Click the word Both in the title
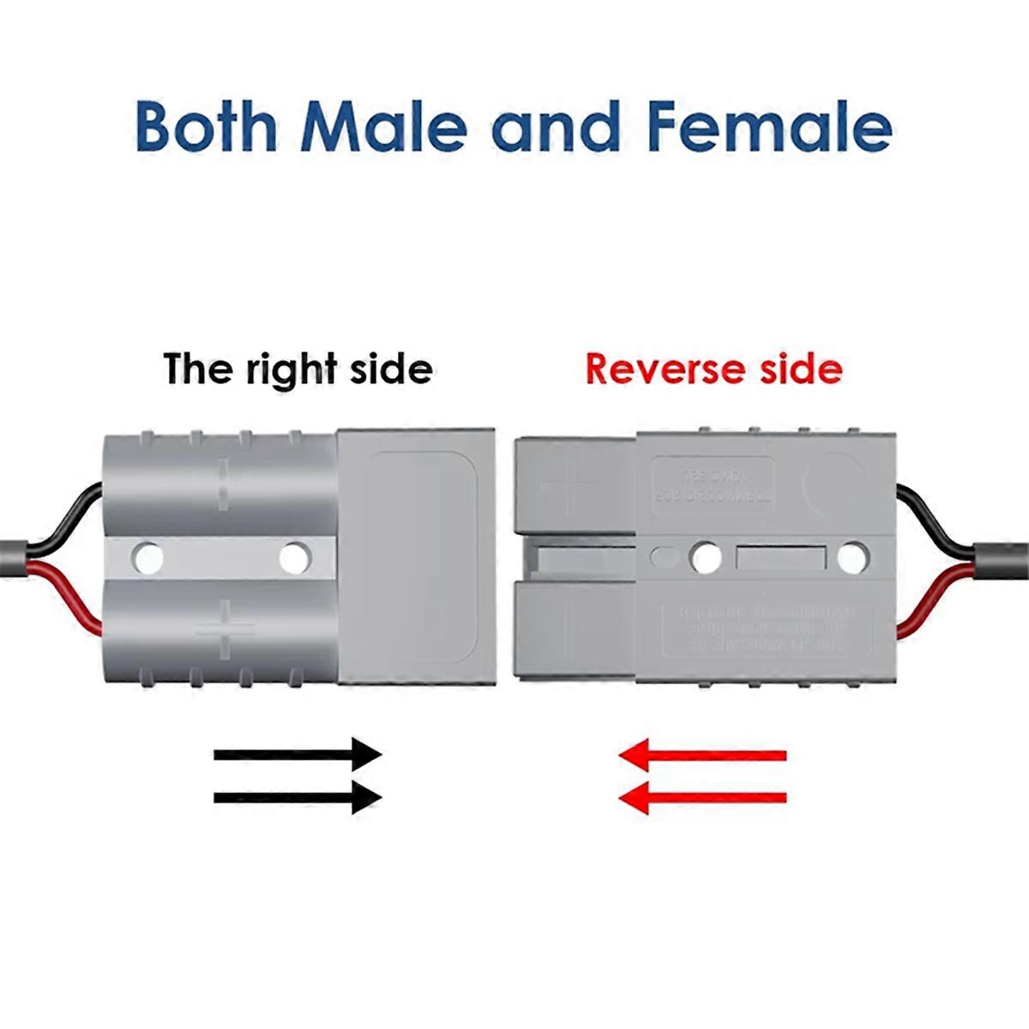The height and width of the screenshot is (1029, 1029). tap(207, 126)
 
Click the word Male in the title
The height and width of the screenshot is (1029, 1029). tap(382, 126)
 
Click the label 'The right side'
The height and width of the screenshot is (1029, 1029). tap(298, 369)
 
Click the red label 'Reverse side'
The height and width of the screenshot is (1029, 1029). tap(713, 369)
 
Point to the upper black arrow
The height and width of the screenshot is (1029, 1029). tap(297, 755)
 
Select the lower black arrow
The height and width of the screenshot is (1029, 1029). tap(297, 797)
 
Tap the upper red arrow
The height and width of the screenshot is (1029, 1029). tap(702, 755)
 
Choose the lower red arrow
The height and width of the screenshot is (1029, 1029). tap(702, 797)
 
